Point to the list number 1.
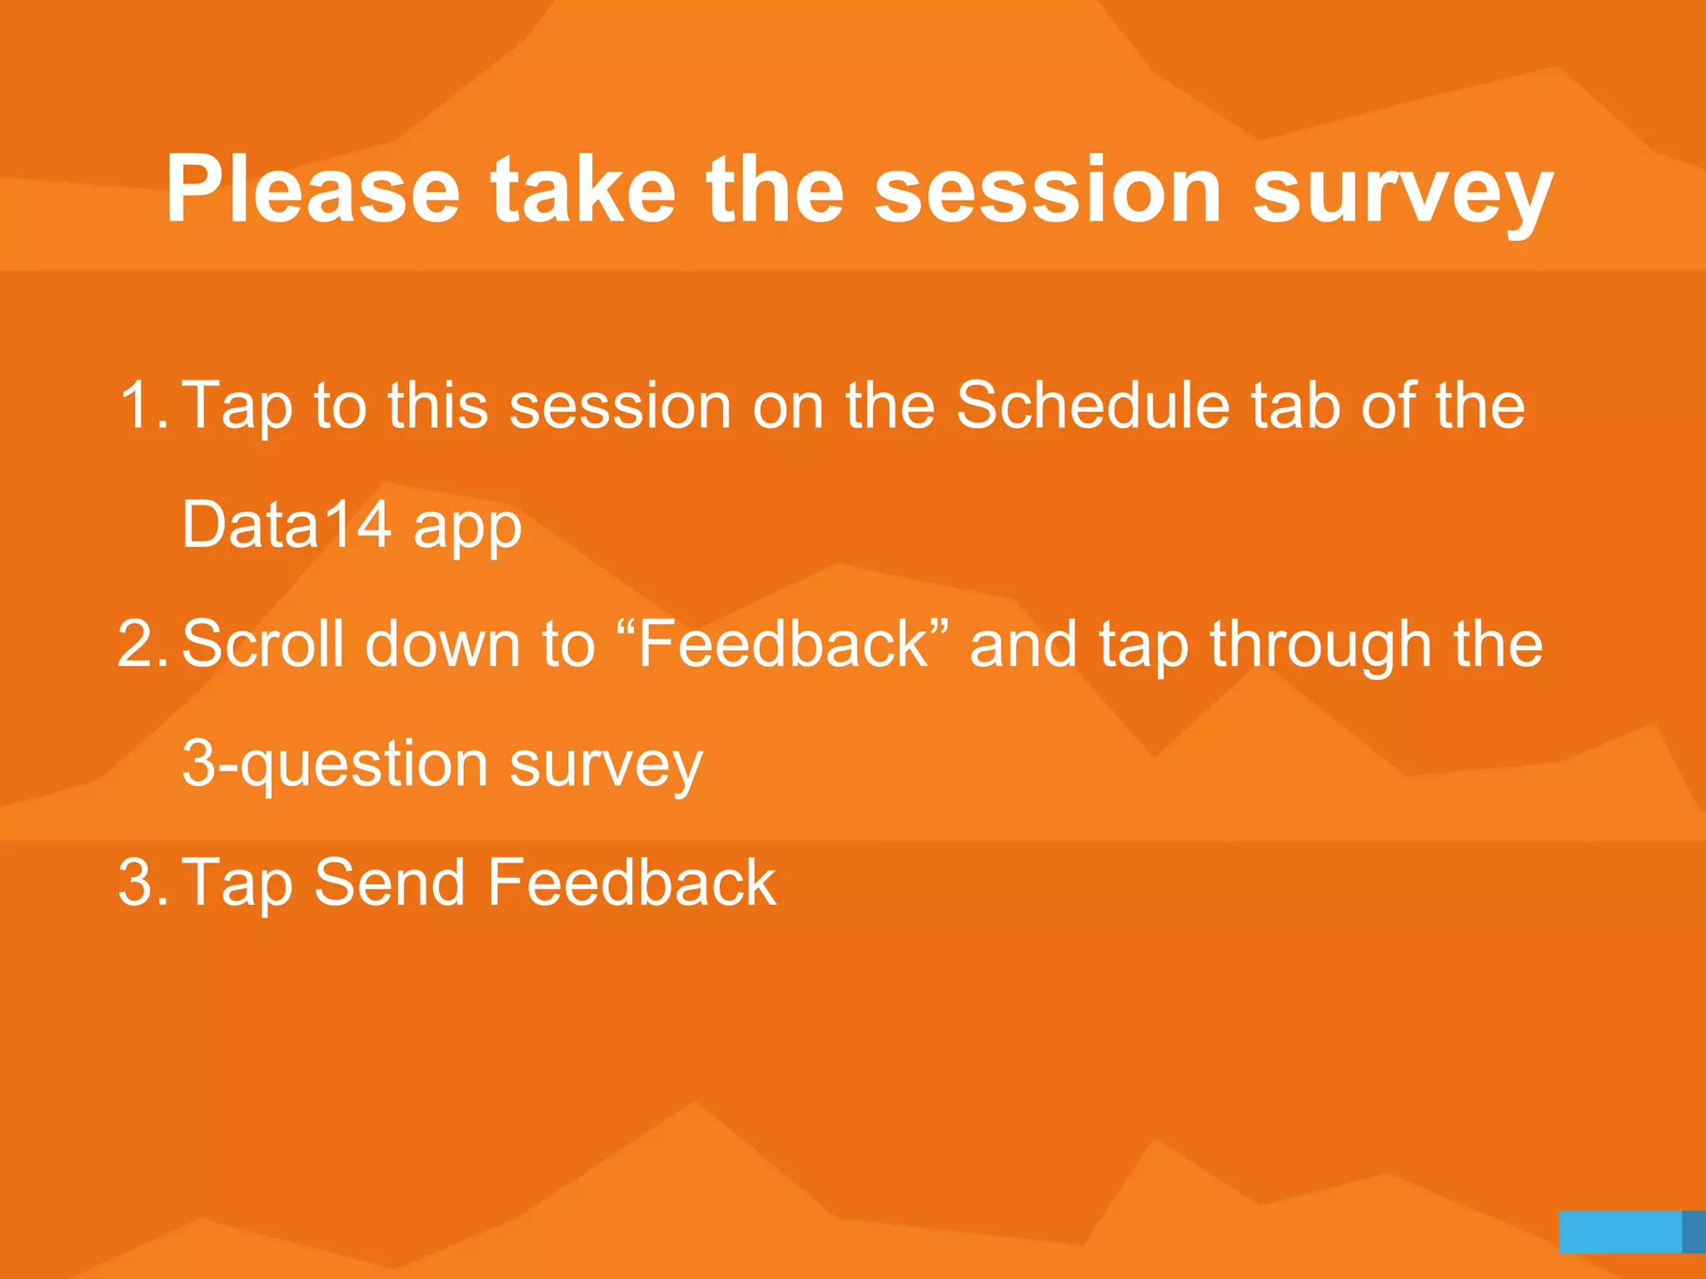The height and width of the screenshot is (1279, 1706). pos(142,406)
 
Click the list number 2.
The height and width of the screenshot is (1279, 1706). pos(142,644)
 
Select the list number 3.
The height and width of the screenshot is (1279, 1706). pos(142,883)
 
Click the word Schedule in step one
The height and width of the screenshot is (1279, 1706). pos(1091,406)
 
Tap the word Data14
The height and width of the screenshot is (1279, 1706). pos(287,525)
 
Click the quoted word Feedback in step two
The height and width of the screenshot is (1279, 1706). pos(783,644)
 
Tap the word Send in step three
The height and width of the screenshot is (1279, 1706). pos(389,883)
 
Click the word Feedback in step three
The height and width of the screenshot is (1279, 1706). pos(631,883)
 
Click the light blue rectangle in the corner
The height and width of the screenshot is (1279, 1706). pos(1619,1232)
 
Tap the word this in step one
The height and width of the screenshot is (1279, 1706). pos(437,406)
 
